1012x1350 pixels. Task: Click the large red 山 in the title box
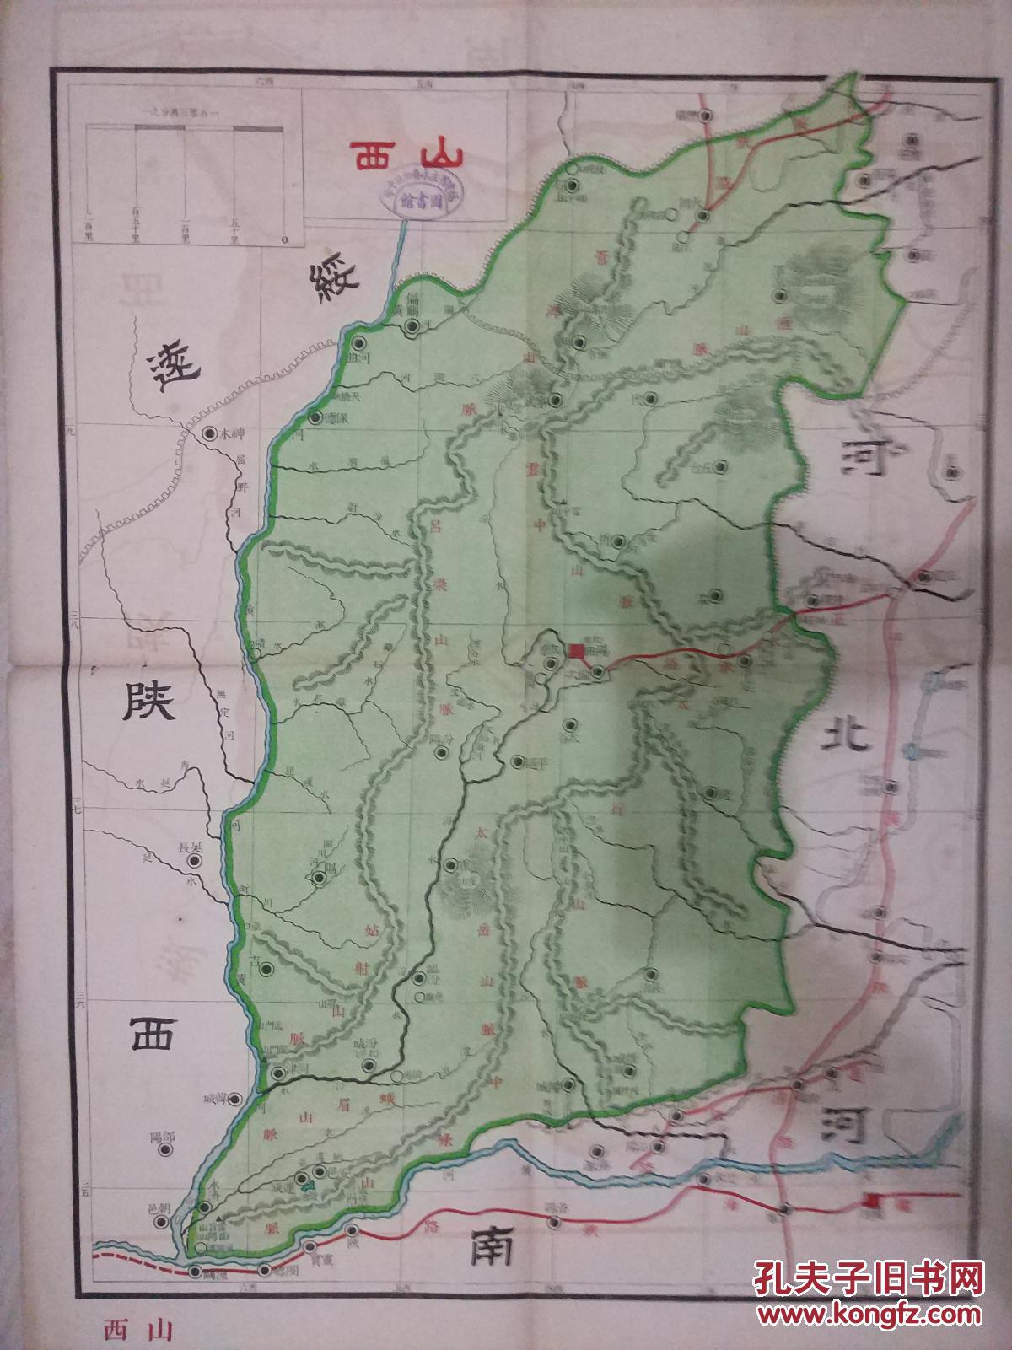[x=439, y=155]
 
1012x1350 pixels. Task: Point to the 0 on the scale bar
[x=284, y=239]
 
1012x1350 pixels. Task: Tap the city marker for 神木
[x=210, y=433]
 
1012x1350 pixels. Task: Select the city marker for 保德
[x=315, y=418]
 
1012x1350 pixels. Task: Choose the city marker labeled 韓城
[x=237, y=1099]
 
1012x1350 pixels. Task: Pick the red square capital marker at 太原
[x=577, y=650]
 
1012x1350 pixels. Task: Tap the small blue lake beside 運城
[x=310, y=1185]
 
